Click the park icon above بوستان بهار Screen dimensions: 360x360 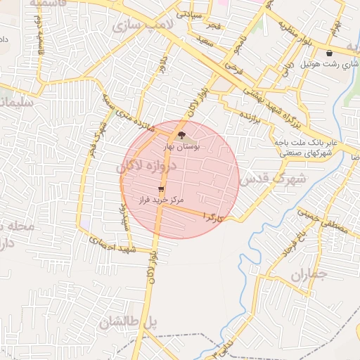[x=181, y=135]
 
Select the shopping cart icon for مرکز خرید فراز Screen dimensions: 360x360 [x=162, y=189]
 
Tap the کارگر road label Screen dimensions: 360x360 [x=213, y=217]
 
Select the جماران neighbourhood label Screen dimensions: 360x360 [x=309, y=274]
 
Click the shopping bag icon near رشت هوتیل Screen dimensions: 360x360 [x=329, y=53]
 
